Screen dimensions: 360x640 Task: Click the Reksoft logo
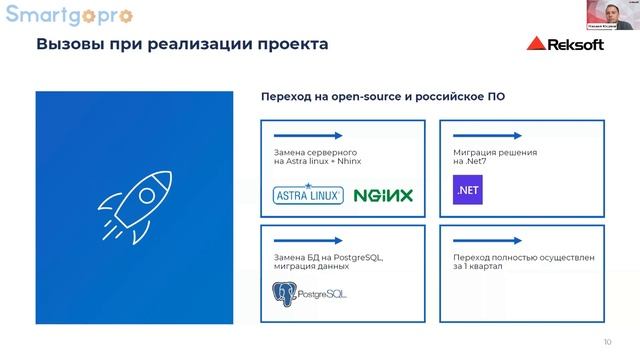coord(571,45)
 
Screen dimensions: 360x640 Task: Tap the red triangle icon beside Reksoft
coord(535,45)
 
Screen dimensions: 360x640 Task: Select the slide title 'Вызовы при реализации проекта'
coord(181,45)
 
